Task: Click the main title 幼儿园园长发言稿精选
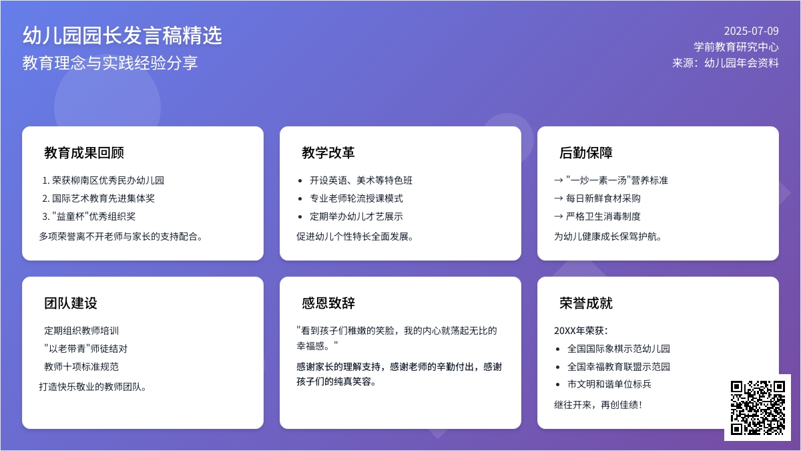point(122,35)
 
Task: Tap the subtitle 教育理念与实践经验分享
point(110,63)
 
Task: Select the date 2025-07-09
point(752,31)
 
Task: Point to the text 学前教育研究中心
point(736,47)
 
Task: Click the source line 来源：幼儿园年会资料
point(726,63)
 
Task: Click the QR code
point(758,408)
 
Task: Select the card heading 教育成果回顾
point(84,153)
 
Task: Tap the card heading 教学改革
point(328,153)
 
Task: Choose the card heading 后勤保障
point(586,153)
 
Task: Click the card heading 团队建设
point(71,303)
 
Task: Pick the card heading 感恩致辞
point(328,303)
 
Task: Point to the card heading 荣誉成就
point(586,303)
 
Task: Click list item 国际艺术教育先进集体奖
point(103,198)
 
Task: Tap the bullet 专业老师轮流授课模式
point(356,198)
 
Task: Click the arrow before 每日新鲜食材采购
point(559,198)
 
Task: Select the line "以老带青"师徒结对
point(86,349)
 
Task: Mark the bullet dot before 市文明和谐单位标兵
point(558,385)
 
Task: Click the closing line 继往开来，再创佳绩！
point(598,405)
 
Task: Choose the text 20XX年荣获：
point(581,330)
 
